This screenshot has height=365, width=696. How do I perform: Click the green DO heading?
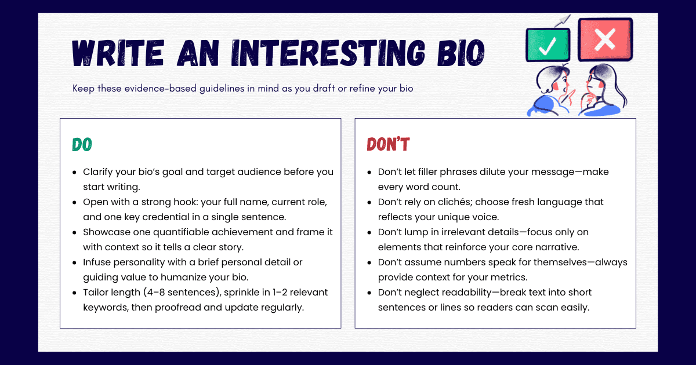click(82, 144)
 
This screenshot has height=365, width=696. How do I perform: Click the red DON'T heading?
click(388, 144)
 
